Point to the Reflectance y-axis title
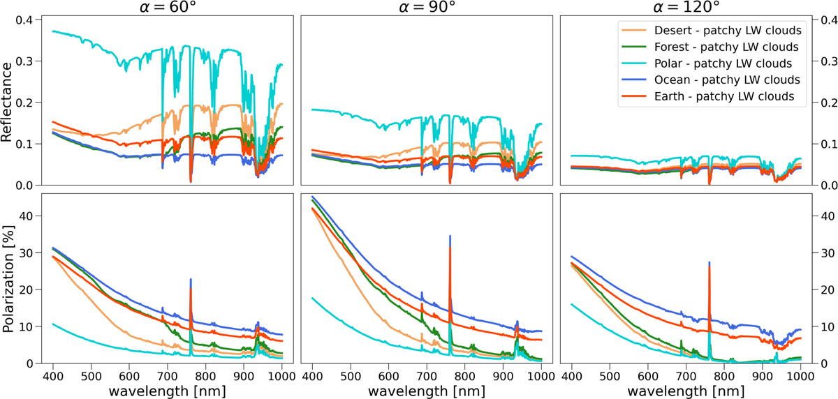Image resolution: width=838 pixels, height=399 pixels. pyautogui.click(x=8, y=101)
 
